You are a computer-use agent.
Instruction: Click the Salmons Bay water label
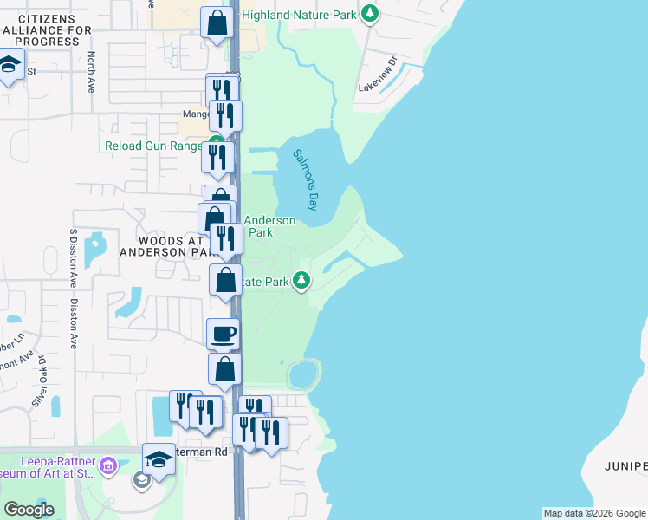pos(305,179)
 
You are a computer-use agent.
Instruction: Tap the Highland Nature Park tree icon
pos(371,13)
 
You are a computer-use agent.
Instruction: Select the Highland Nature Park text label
pos(299,15)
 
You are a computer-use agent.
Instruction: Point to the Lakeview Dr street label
pos(378,75)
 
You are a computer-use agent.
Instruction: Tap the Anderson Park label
pos(269,226)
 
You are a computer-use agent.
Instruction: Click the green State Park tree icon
pos(301,280)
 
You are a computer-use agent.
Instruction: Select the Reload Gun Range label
pos(153,146)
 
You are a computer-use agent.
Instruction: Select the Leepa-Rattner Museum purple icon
pos(108,467)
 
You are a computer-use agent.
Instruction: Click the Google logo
pos(29,510)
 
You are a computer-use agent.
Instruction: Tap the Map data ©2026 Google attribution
pos(594,513)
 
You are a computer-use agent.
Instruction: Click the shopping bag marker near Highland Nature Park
pos(217,23)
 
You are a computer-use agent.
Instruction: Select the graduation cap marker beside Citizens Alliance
pos(10,65)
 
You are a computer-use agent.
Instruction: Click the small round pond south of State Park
pos(302,375)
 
